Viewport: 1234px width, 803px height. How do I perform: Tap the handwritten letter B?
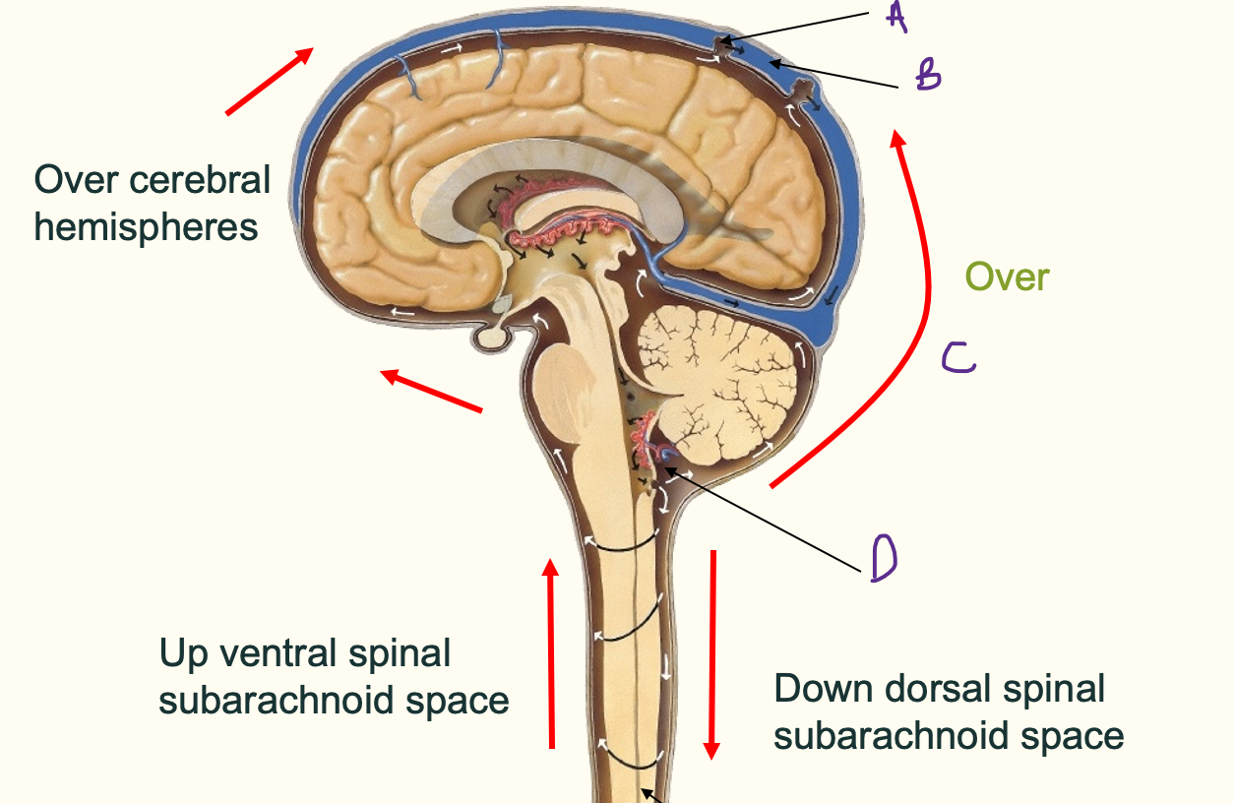(928, 75)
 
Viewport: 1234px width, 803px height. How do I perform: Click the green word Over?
(1007, 278)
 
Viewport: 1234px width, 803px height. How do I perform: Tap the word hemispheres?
(146, 227)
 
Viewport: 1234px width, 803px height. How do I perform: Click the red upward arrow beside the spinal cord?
(551, 654)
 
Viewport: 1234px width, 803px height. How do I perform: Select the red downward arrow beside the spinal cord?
(711, 654)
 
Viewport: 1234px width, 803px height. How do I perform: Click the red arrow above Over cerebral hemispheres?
(270, 81)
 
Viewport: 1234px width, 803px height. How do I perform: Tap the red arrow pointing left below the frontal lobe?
(432, 390)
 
